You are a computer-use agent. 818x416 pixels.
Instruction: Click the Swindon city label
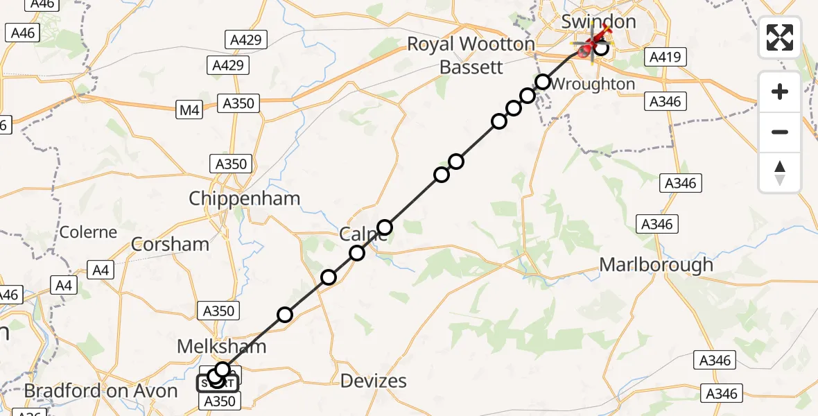pos(598,21)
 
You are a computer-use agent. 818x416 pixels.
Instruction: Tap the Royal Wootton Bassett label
pos(471,55)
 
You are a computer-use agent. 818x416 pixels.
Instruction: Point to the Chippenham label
pos(245,198)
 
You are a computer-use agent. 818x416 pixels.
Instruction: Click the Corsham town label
pos(170,243)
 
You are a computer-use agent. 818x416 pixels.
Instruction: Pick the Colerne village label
pos(88,232)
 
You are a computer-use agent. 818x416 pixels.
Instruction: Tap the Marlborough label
pos(656,264)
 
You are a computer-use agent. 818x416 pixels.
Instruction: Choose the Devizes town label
pos(374,380)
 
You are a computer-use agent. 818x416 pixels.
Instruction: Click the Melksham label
pos(222,346)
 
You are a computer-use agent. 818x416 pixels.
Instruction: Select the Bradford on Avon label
pos(101,391)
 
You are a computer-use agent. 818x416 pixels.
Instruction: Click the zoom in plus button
pos(780,92)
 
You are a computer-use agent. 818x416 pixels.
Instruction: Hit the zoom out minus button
pos(780,132)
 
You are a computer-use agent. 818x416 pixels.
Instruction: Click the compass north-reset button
pos(780,172)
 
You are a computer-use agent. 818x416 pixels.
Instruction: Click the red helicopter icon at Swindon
pos(589,46)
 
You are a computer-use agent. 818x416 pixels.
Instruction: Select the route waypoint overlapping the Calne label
pos(385,227)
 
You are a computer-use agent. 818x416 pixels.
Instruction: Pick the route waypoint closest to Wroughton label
pos(543,83)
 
